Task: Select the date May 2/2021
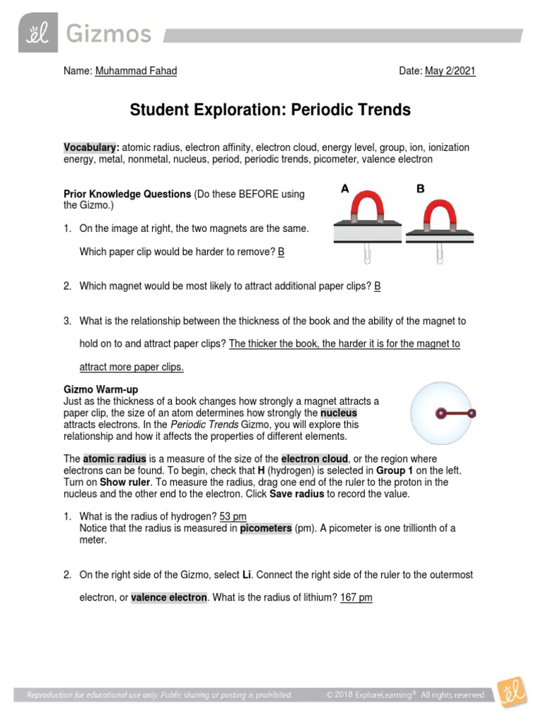(x=450, y=71)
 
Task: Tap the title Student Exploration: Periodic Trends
(x=270, y=110)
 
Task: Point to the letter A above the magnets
(x=345, y=189)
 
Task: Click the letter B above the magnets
(x=421, y=189)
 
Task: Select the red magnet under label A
(x=366, y=211)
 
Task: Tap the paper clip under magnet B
(x=439, y=255)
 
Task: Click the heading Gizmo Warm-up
(x=101, y=389)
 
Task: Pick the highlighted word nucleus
(x=339, y=412)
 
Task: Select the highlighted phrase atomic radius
(x=109, y=459)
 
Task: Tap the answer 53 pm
(x=232, y=517)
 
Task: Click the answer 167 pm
(x=356, y=598)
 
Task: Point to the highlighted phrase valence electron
(x=169, y=598)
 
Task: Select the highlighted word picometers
(x=265, y=528)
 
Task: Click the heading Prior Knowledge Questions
(x=128, y=194)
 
